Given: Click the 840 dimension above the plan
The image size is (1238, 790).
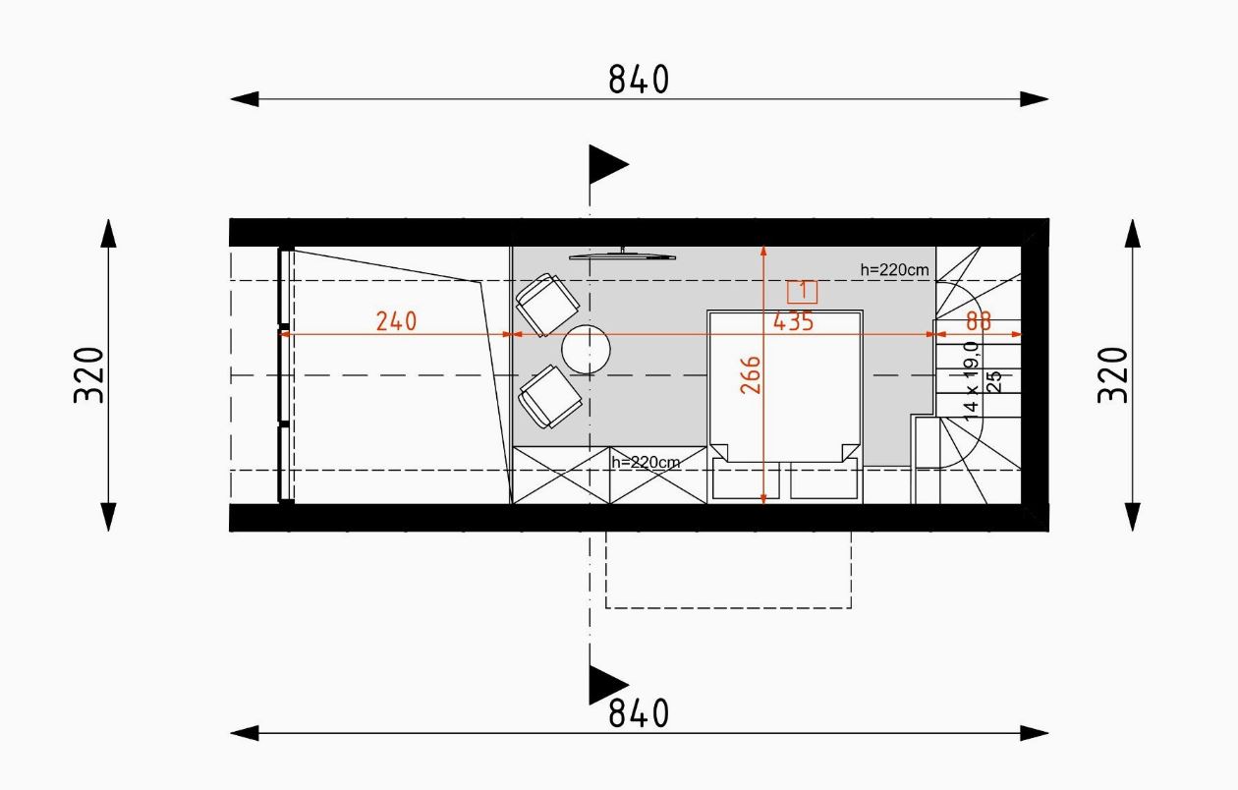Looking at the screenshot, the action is click(639, 80).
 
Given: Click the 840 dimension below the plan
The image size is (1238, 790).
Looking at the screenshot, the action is click(639, 713).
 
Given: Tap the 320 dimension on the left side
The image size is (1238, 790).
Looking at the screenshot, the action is click(89, 374).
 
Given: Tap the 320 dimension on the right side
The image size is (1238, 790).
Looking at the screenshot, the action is click(1112, 374).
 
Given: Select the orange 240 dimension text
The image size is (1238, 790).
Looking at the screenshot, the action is click(396, 321).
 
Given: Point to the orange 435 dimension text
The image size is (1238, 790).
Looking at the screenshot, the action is click(794, 321).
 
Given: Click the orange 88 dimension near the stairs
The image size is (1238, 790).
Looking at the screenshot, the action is click(979, 321).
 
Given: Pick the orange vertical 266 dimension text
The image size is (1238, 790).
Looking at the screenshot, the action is click(751, 374).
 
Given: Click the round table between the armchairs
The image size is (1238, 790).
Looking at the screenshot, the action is click(586, 349).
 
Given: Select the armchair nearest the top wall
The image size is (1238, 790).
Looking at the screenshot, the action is click(547, 305).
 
